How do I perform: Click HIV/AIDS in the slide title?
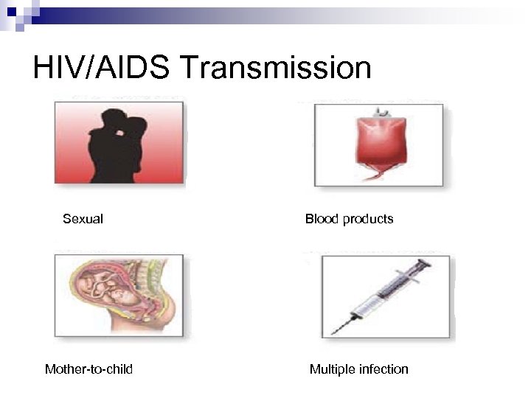[102, 68]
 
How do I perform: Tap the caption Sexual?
[83, 219]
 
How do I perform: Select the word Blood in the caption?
[322, 219]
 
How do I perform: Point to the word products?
[367, 219]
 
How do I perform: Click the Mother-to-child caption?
[88, 369]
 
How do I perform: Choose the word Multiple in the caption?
[332, 369]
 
